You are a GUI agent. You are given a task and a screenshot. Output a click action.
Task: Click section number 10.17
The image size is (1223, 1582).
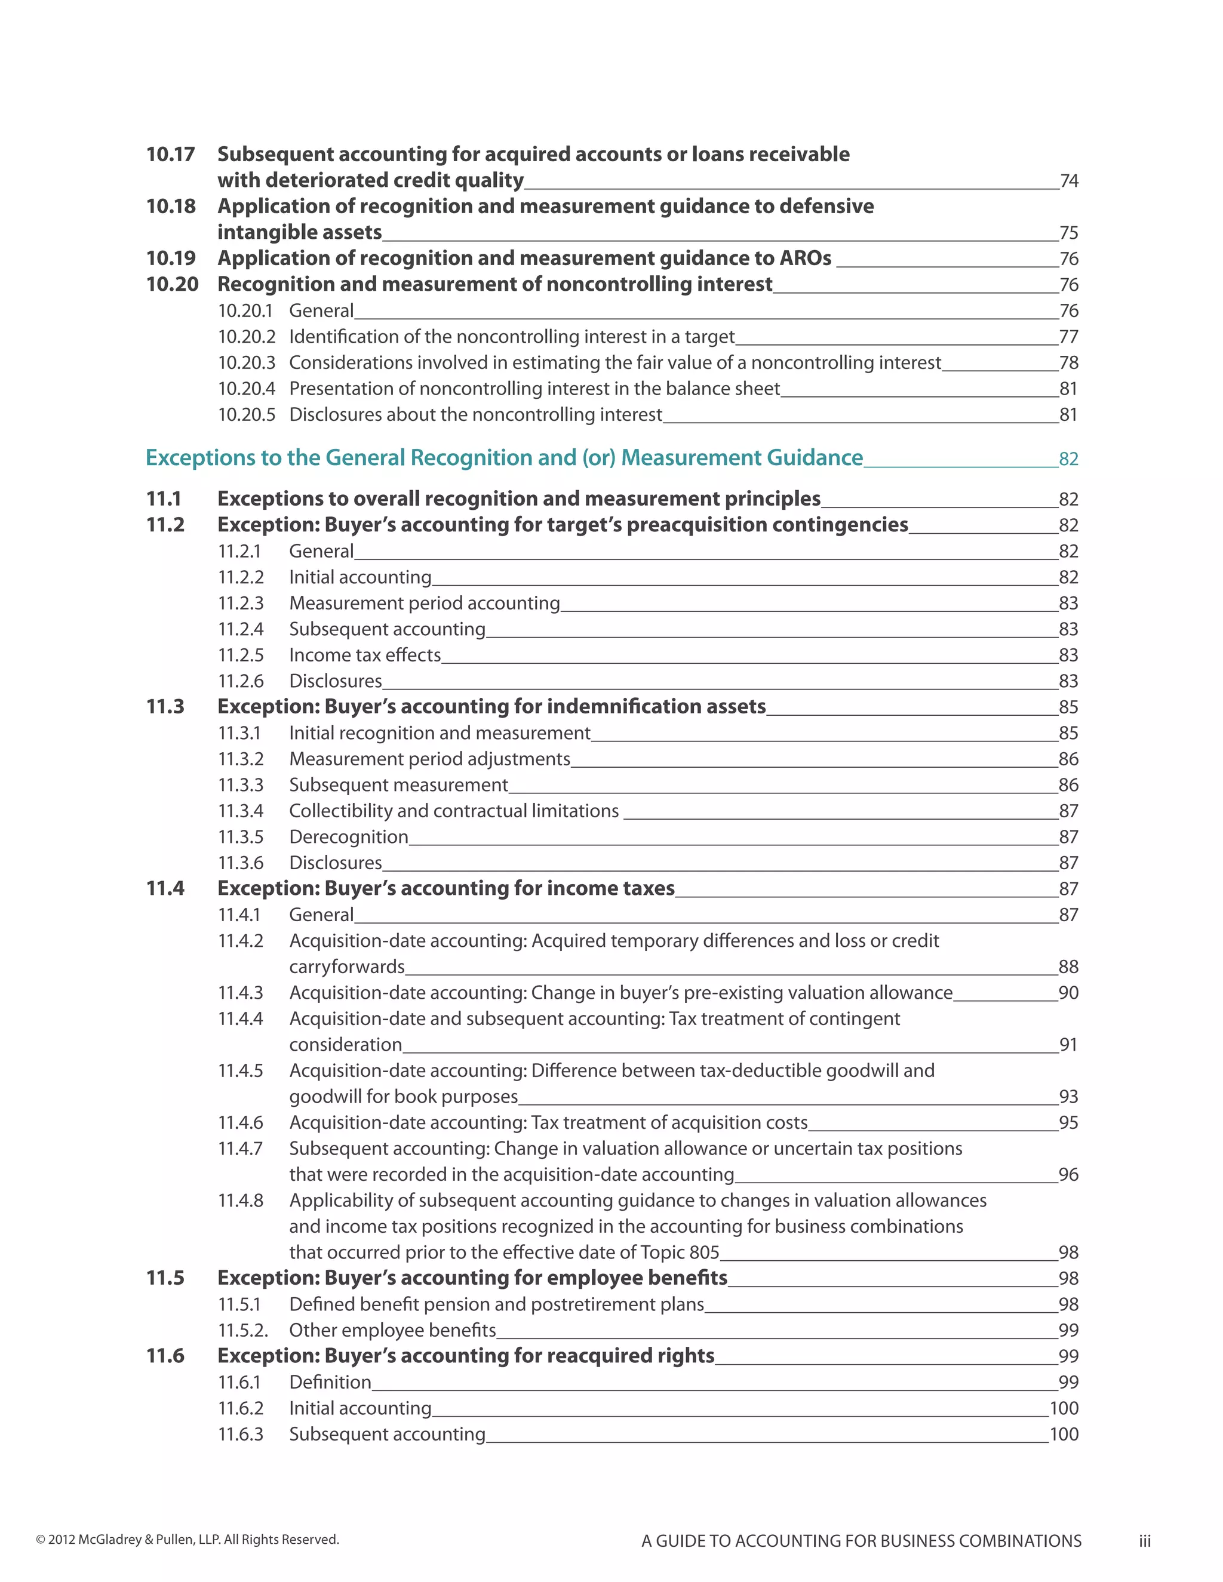point(170,154)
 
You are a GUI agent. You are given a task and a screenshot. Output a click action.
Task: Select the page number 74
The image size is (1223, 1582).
point(1069,181)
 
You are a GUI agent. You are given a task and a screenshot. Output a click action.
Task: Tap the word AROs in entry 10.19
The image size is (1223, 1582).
point(805,258)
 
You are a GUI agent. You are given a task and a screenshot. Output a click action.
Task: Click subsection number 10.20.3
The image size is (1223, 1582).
point(247,363)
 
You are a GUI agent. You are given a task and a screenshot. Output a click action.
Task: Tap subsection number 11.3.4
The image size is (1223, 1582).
point(241,811)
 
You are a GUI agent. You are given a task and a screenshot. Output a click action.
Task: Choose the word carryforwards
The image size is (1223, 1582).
point(346,967)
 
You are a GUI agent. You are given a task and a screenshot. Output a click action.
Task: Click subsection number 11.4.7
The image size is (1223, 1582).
point(241,1149)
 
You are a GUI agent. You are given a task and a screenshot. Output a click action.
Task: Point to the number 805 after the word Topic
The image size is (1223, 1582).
point(704,1252)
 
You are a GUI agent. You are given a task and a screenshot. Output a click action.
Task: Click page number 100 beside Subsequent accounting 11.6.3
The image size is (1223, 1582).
point(1064,1434)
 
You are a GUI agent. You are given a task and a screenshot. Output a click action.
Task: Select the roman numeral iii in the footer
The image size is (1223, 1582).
point(1144,1541)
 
